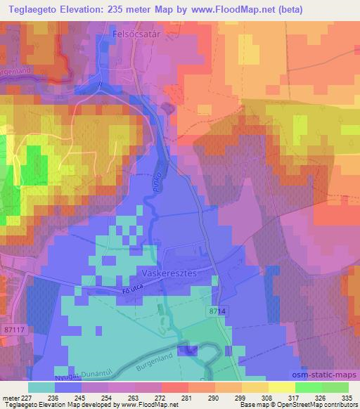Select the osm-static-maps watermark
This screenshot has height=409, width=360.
319,372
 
